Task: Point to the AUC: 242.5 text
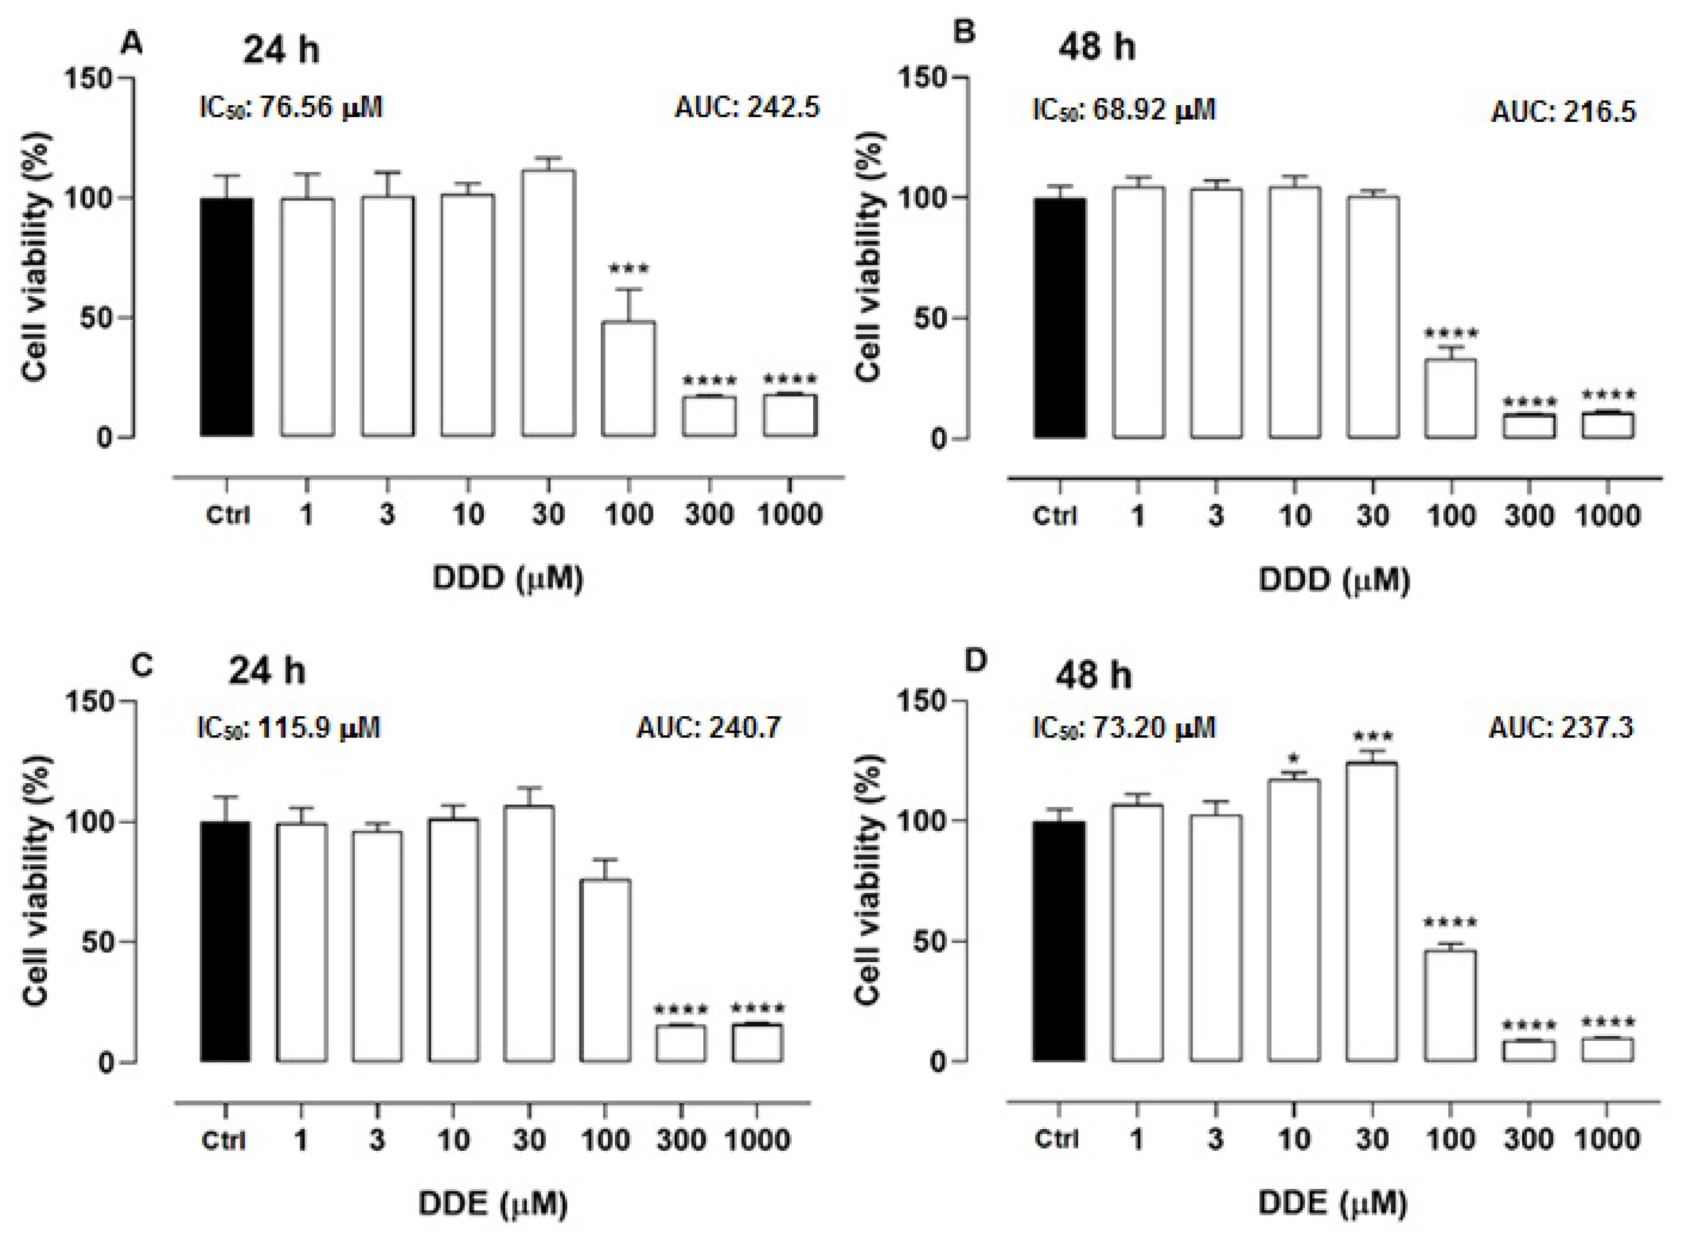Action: [x=747, y=108]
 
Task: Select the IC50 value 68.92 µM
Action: [x=1123, y=110]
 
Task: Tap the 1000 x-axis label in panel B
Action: [x=1606, y=516]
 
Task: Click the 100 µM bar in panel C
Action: [x=605, y=970]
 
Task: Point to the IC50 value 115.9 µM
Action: [x=288, y=727]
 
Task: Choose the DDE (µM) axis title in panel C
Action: [x=492, y=1203]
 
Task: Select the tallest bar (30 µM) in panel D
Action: [x=1371, y=911]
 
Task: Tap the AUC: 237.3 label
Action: [x=1561, y=727]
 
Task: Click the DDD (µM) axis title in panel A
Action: [x=508, y=579]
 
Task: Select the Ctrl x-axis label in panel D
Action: [x=1056, y=1139]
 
